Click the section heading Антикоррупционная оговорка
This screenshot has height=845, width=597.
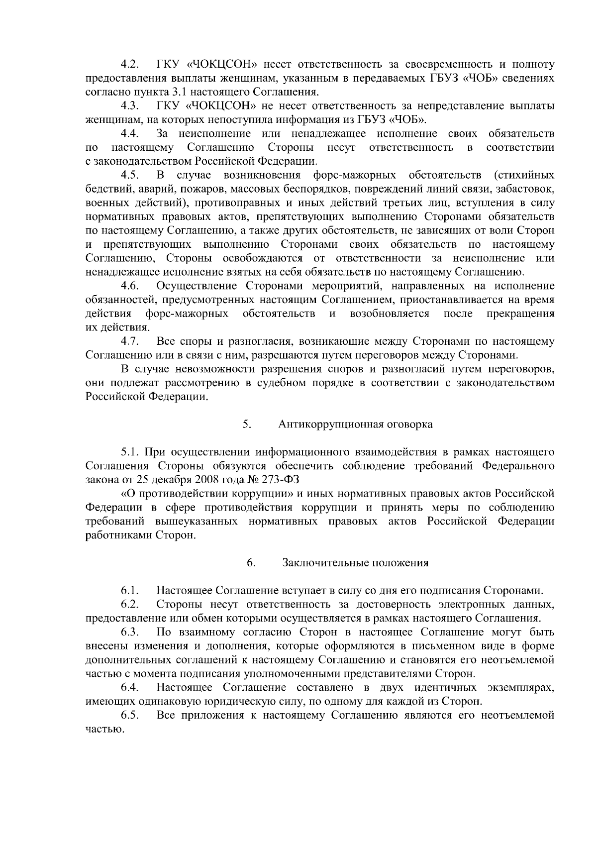[355, 424]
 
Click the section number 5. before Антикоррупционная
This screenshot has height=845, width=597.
[246, 424]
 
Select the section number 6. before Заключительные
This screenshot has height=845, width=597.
[251, 563]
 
